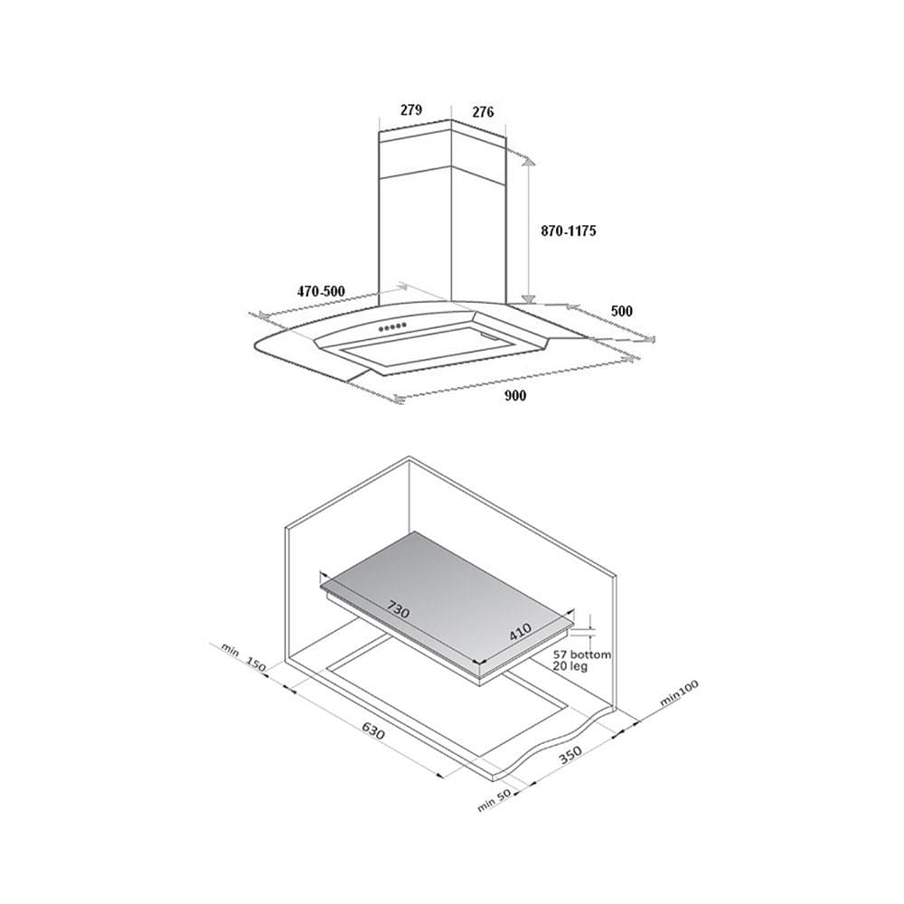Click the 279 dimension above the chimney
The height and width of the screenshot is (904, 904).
(x=411, y=109)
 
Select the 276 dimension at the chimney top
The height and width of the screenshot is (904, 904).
(x=483, y=112)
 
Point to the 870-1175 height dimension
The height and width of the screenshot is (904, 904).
(x=569, y=231)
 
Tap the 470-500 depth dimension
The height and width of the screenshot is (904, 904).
(x=321, y=292)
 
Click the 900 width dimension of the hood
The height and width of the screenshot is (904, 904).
(x=515, y=396)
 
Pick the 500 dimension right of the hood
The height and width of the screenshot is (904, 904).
(x=622, y=311)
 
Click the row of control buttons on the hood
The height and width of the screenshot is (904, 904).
(x=392, y=329)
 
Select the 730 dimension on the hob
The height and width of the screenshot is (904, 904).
(x=398, y=609)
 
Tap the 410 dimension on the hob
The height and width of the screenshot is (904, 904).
(x=520, y=633)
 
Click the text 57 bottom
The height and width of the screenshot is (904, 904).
(x=581, y=654)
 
